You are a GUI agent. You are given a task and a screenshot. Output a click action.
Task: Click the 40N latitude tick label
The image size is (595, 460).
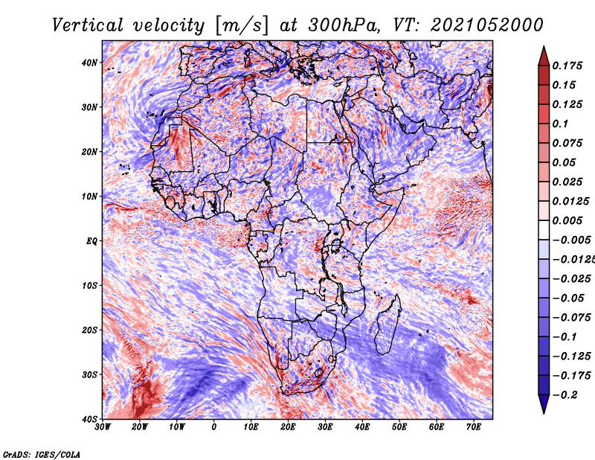pyautogui.click(x=89, y=63)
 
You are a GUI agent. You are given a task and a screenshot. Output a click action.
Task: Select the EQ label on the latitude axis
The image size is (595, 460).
pyautogui.click(x=91, y=241)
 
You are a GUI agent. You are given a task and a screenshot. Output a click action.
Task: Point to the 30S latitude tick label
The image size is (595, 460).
pyautogui.click(x=89, y=374)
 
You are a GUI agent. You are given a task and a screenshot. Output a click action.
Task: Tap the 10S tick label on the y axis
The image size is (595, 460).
pyautogui.click(x=89, y=285)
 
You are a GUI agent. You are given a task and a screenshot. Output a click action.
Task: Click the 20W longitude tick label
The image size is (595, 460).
pyautogui.click(x=140, y=427)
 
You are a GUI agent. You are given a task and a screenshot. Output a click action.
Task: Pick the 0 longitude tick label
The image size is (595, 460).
pyautogui.click(x=214, y=427)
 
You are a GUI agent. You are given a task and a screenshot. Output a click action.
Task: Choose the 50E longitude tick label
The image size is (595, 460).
pyautogui.click(x=399, y=427)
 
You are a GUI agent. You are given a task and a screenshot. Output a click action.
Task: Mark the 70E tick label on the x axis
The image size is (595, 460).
pyautogui.click(x=474, y=427)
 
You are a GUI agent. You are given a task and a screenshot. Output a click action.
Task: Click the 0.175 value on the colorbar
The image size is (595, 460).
pyautogui.click(x=567, y=66)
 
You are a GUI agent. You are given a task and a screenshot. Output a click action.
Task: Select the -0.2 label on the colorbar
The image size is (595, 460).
pyautogui.click(x=565, y=395)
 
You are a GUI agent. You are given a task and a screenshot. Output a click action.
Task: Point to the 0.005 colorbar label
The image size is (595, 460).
pyautogui.click(x=567, y=220)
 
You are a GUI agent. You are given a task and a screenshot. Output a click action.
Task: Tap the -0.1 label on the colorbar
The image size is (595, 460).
pyautogui.click(x=565, y=337)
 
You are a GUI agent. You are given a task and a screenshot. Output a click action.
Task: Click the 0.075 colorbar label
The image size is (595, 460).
pyautogui.click(x=567, y=143)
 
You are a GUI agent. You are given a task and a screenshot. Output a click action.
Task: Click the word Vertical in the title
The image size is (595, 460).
pyautogui.click(x=88, y=25)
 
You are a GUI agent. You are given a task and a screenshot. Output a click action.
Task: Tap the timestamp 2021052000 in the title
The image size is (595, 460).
pyautogui.click(x=486, y=25)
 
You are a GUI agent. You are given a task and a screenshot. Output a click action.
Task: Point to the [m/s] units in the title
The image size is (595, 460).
pyautogui.click(x=241, y=25)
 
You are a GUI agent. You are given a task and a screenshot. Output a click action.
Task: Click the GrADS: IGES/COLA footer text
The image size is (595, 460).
pyautogui.click(x=42, y=454)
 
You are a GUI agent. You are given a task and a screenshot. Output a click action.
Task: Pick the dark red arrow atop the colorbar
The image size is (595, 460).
pyautogui.click(x=544, y=57)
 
